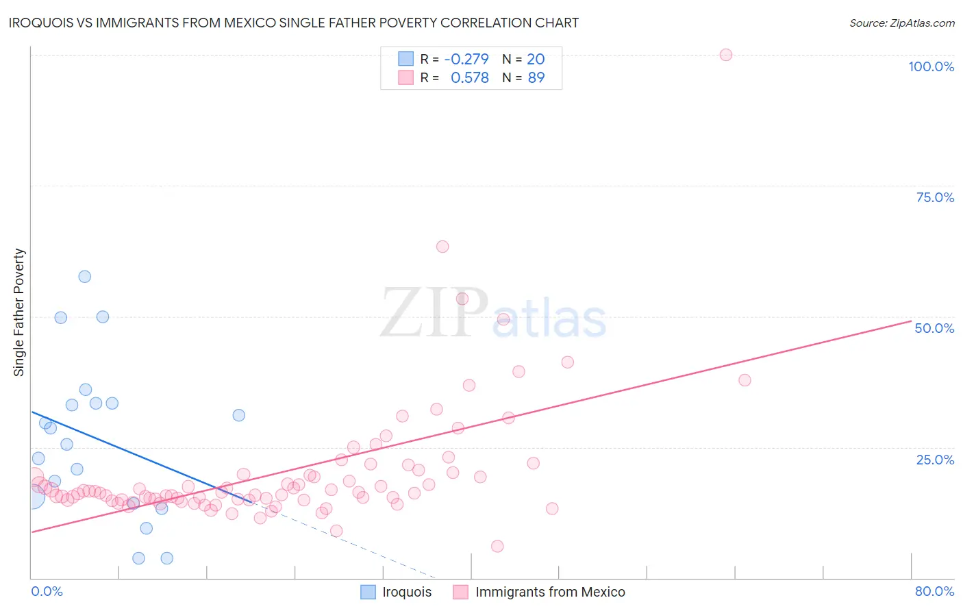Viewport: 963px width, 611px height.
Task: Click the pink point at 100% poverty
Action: coord(726,55)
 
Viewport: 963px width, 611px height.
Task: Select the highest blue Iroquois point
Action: coord(85,277)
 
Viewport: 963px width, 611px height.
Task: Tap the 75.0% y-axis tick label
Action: coord(935,197)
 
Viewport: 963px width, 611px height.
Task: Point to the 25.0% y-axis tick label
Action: coord(935,460)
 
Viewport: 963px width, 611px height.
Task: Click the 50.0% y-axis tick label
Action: coord(934,328)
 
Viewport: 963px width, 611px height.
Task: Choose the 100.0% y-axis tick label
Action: coord(931,66)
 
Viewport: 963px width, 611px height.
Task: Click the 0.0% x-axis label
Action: coord(47,591)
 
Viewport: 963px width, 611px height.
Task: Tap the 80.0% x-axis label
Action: coord(934,591)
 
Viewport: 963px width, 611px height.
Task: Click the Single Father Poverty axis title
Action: coord(18,312)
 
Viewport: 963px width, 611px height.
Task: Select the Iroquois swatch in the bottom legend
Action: coord(368,592)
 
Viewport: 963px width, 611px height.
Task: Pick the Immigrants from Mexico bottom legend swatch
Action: coord(460,592)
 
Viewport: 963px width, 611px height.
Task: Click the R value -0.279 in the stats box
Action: coord(466,59)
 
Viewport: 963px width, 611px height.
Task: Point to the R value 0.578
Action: coord(470,78)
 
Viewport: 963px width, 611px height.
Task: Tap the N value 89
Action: coord(536,78)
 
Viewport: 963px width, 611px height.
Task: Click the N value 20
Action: coord(536,59)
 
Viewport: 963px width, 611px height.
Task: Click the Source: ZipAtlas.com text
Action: coord(901,23)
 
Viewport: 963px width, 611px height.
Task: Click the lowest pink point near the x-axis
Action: coord(497,546)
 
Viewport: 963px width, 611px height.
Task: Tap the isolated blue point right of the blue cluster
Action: coord(239,415)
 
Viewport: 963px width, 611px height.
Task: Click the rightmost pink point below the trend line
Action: coord(745,380)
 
